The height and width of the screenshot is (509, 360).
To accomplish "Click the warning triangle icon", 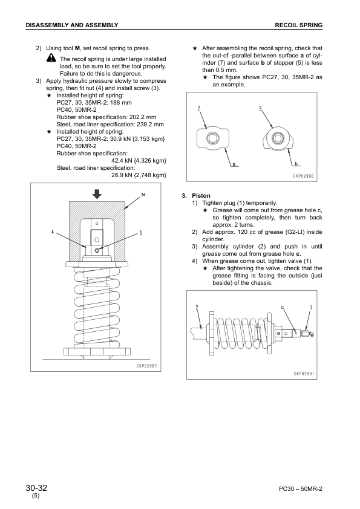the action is (51, 59).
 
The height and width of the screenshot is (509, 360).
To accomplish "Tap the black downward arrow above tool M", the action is (97, 194).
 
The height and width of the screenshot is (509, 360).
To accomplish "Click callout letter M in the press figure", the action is (143, 195).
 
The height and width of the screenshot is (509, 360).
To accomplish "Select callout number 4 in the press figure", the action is (53, 232).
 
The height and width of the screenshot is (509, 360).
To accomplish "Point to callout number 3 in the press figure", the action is (140, 233).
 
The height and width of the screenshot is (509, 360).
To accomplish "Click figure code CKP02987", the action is (146, 366).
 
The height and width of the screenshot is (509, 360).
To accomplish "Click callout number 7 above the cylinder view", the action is (199, 108).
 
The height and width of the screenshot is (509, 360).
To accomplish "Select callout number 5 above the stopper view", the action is (261, 108).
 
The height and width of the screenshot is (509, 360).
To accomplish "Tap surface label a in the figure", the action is (234, 164).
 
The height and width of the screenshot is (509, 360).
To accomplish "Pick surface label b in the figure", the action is (296, 164).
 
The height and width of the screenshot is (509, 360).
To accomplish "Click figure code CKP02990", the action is (304, 176).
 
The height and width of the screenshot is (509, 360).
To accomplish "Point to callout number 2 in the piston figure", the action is (197, 307).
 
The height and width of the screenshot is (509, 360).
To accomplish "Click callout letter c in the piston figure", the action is (283, 307).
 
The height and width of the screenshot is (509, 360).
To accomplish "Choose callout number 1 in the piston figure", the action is (311, 307).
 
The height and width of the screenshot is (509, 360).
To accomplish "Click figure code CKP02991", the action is (304, 374).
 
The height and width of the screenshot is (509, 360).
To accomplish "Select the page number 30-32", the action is (36, 488).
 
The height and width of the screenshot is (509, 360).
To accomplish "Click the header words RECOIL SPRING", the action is (299, 25).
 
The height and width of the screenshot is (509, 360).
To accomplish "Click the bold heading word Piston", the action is (201, 196).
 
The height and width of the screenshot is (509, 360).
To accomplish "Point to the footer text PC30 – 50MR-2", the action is (301, 489).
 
